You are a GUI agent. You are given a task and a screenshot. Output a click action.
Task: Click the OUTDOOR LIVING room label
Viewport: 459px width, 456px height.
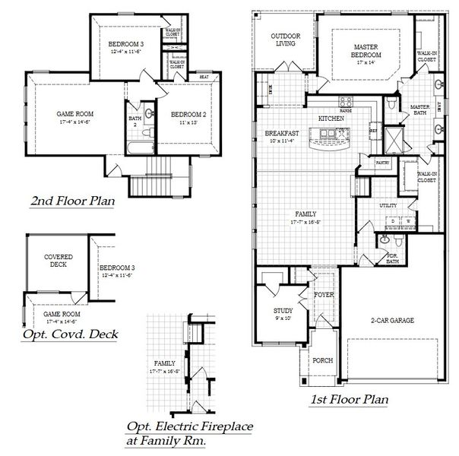click(x=286, y=40)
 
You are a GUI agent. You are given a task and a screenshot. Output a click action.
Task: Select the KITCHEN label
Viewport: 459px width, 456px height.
click(x=331, y=119)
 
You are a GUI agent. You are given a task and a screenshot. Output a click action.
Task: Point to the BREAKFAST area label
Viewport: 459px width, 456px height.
click(x=281, y=133)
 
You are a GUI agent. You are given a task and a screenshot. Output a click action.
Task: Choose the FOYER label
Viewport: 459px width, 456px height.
click(x=323, y=293)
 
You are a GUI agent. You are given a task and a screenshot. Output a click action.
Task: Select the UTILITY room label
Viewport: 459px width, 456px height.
click(x=389, y=205)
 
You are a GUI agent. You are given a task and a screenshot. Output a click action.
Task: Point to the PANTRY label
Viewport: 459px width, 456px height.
click(x=382, y=163)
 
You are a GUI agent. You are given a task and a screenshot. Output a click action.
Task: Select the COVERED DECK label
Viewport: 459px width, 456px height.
click(x=58, y=261)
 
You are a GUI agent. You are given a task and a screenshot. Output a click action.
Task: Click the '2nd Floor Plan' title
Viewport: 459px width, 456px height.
click(x=72, y=202)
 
